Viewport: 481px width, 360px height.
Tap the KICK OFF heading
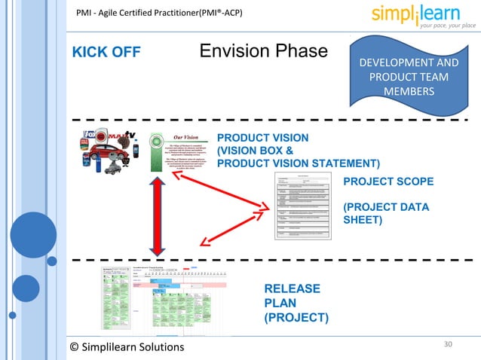[x=106, y=53]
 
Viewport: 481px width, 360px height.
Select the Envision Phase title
[x=264, y=51]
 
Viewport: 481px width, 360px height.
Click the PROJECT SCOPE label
[x=388, y=182]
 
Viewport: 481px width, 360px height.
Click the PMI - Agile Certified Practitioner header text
[x=158, y=13]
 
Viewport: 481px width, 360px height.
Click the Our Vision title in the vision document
[x=185, y=136]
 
